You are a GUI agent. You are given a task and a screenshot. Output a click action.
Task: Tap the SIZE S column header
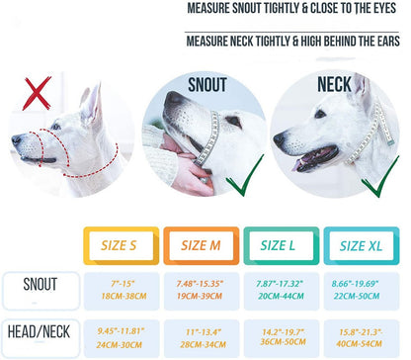[117, 244]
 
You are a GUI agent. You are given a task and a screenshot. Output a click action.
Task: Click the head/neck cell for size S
[117, 334]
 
